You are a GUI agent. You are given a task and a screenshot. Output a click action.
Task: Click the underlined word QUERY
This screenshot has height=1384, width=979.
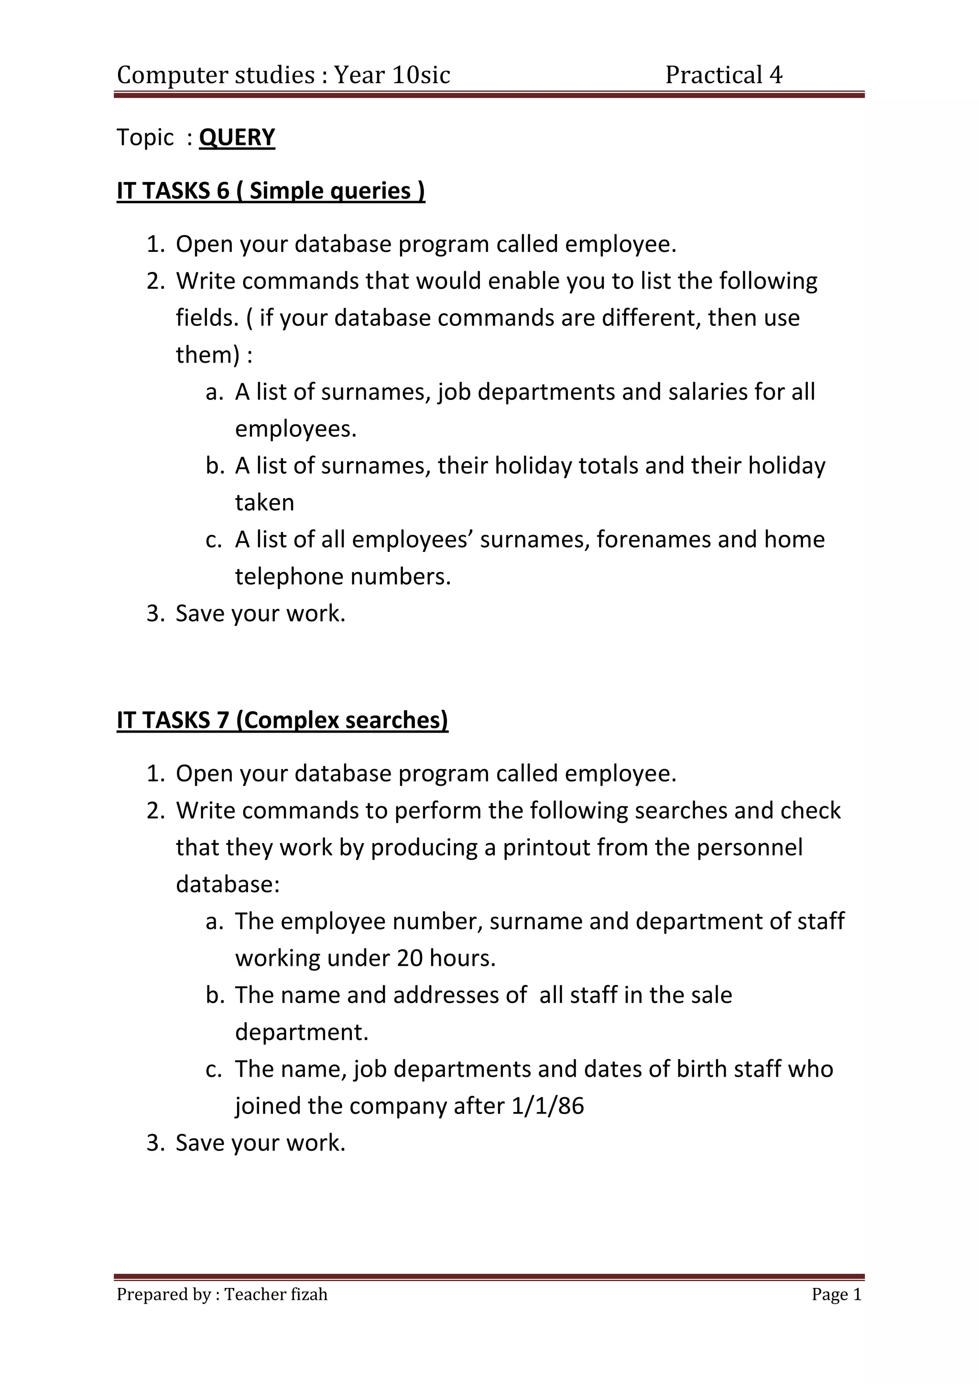tap(237, 138)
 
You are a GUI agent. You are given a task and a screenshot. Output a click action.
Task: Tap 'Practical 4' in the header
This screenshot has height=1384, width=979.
tap(723, 75)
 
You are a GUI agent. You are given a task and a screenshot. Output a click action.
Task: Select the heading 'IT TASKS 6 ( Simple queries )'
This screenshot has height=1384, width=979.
tap(271, 191)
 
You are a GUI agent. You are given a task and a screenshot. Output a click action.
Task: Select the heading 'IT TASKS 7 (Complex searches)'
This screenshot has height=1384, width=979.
tap(282, 720)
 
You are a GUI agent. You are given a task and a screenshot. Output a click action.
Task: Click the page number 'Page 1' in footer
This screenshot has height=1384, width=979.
tap(836, 1294)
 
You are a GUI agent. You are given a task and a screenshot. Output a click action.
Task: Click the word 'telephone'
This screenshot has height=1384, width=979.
tap(289, 577)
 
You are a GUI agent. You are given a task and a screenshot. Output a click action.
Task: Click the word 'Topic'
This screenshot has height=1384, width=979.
tap(145, 138)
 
